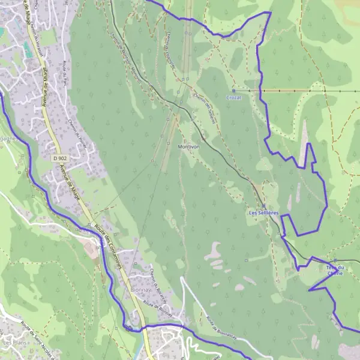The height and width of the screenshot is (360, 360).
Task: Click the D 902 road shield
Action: [x=58, y=158]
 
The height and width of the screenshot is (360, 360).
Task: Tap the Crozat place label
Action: [x=233, y=97]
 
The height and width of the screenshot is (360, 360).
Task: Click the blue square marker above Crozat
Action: [x=233, y=91]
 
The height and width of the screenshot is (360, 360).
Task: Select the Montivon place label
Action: [x=188, y=146]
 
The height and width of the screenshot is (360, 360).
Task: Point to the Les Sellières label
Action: [x=264, y=212]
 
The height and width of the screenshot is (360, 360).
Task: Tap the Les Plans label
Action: [x=14, y=343]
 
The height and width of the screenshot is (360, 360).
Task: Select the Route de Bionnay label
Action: [x=157, y=310]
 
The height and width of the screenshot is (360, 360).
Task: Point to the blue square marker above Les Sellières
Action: [x=264, y=205]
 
